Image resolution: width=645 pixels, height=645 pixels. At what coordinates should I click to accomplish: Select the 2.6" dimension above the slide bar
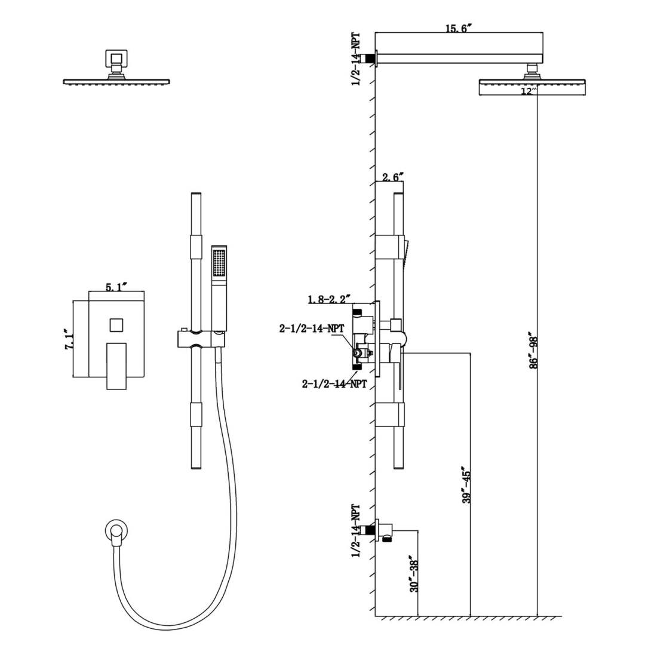point(392,176)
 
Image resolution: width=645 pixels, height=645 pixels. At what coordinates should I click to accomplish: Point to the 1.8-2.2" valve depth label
point(330,299)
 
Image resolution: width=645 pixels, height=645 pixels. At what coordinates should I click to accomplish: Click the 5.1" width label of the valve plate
point(115,287)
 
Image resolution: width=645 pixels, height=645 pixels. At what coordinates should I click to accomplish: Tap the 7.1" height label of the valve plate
point(70,340)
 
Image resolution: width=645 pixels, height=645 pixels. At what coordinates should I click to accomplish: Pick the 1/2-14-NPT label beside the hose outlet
point(356,531)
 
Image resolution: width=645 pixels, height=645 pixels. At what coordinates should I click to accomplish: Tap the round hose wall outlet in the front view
point(116,530)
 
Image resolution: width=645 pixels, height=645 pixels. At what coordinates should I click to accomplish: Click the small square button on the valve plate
point(116,325)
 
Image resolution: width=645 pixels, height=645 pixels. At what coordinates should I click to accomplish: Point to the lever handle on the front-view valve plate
point(117,365)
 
